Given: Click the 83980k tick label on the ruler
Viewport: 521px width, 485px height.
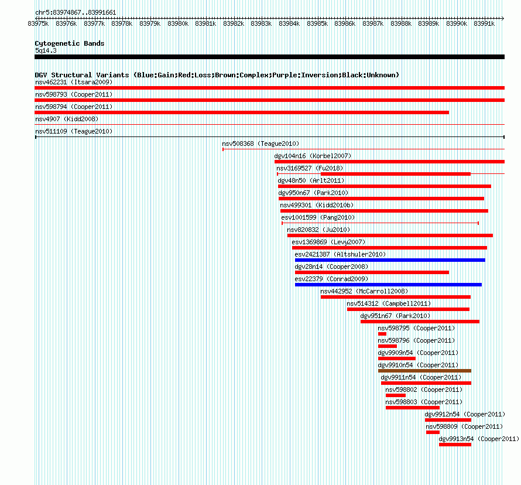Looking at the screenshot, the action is (x=178, y=23).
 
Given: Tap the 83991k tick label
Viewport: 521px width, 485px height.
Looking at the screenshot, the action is (x=484, y=23).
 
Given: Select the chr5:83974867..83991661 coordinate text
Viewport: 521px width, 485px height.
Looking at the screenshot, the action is (x=76, y=13).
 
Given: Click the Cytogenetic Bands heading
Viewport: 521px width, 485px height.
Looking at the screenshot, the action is (x=70, y=43).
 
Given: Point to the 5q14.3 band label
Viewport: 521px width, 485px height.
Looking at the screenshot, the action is (x=46, y=50).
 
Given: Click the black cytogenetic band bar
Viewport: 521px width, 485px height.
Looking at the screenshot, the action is (x=269, y=57).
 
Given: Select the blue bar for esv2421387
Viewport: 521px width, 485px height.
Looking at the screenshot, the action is (x=390, y=260).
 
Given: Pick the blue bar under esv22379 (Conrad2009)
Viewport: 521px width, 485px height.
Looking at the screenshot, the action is (x=388, y=285).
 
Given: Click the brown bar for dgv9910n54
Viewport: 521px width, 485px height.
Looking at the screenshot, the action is (x=424, y=371).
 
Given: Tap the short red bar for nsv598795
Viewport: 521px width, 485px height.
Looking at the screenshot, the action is (x=382, y=334).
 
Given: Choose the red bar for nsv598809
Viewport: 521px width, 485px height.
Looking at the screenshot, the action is (x=433, y=432).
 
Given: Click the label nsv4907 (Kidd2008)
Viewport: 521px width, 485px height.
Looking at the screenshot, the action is (x=67, y=119).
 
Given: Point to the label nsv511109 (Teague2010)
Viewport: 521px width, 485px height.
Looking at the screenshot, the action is (x=74, y=131).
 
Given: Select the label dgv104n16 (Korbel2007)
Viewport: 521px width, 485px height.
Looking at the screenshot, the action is (x=313, y=156).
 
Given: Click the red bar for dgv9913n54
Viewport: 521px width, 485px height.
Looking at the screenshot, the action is (x=455, y=445).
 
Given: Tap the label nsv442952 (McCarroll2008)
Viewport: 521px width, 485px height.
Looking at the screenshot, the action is (x=364, y=291).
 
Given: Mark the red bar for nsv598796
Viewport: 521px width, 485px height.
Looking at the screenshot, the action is (x=388, y=346).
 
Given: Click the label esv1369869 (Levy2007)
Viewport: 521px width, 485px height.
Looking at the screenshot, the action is (x=328, y=242).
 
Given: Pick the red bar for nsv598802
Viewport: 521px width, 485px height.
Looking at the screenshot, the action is (x=395, y=395).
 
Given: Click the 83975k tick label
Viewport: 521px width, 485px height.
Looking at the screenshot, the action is (x=38, y=23).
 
